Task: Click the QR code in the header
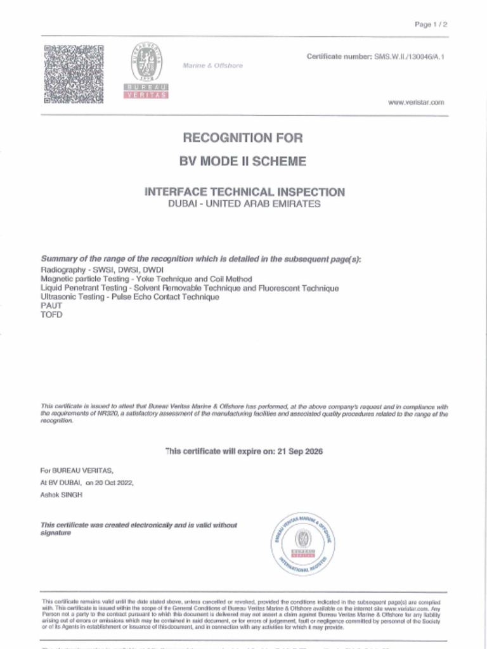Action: coord(74,74)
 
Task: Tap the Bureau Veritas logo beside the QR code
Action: coord(146,70)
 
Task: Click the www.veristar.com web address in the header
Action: coord(416,102)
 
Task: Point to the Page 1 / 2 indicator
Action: coord(431,25)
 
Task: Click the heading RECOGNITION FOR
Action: coord(243,138)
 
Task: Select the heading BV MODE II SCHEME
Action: coord(243,162)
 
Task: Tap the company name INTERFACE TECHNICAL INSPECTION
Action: coord(245,192)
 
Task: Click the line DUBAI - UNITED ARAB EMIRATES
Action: coord(244,204)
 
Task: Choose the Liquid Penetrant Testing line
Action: coord(189,288)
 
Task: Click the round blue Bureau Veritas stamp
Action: coord(303,543)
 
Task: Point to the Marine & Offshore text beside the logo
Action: coord(212,66)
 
